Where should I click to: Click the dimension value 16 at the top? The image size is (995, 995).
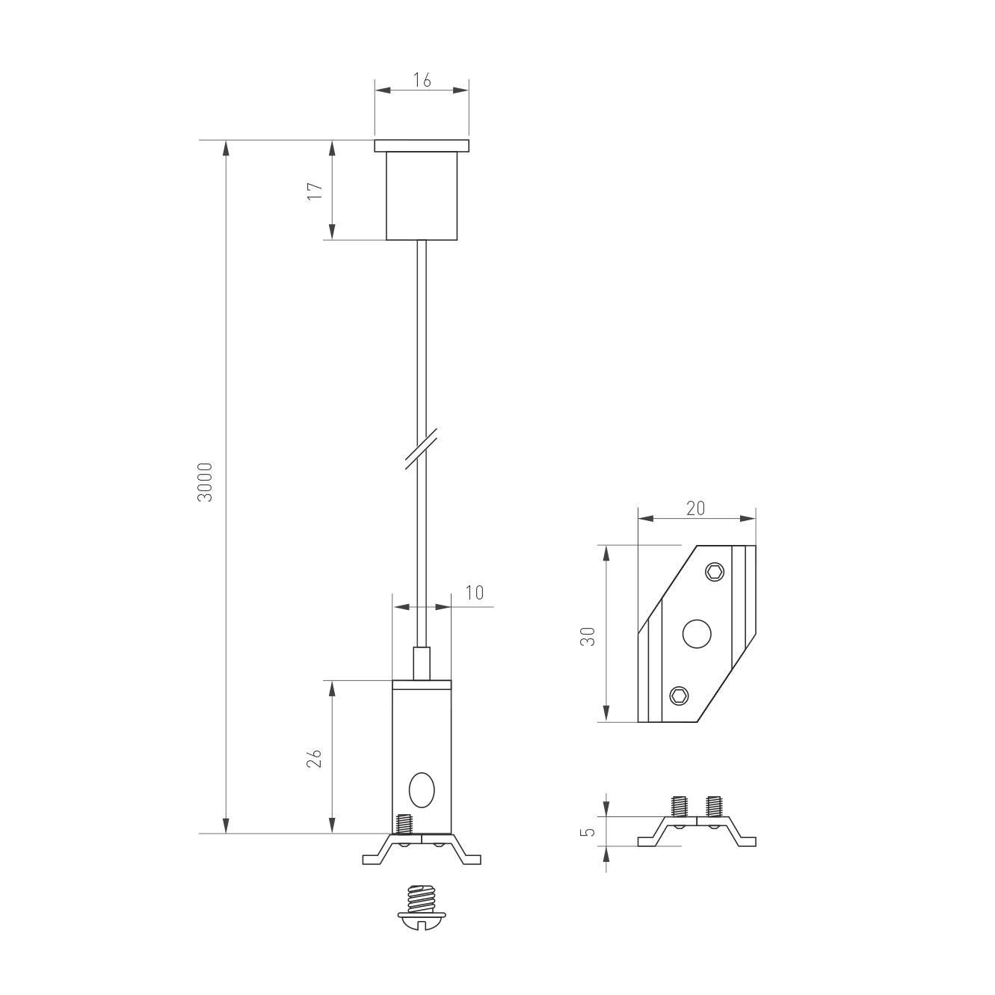pyautogui.click(x=422, y=80)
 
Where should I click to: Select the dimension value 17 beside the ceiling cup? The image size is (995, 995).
pyautogui.click(x=315, y=190)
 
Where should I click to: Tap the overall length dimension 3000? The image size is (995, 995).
pyautogui.click(x=206, y=482)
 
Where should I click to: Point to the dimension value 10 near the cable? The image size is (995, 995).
pyautogui.click(x=475, y=593)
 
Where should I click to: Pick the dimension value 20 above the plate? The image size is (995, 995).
pyautogui.click(x=695, y=508)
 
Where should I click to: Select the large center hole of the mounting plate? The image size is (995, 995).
pyautogui.click(x=697, y=634)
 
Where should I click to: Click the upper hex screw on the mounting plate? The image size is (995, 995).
pyautogui.click(x=715, y=572)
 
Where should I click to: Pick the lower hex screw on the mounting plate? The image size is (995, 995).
pyautogui.click(x=679, y=696)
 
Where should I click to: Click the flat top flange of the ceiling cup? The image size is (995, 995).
pyautogui.click(x=422, y=146)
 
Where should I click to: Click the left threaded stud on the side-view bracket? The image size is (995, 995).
pyautogui.click(x=680, y=806)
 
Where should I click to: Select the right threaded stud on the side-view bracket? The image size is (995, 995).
pyautogui.click(x=714, y=806)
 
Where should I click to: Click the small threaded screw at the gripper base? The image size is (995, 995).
pyautogui.click(x=404, y=825)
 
